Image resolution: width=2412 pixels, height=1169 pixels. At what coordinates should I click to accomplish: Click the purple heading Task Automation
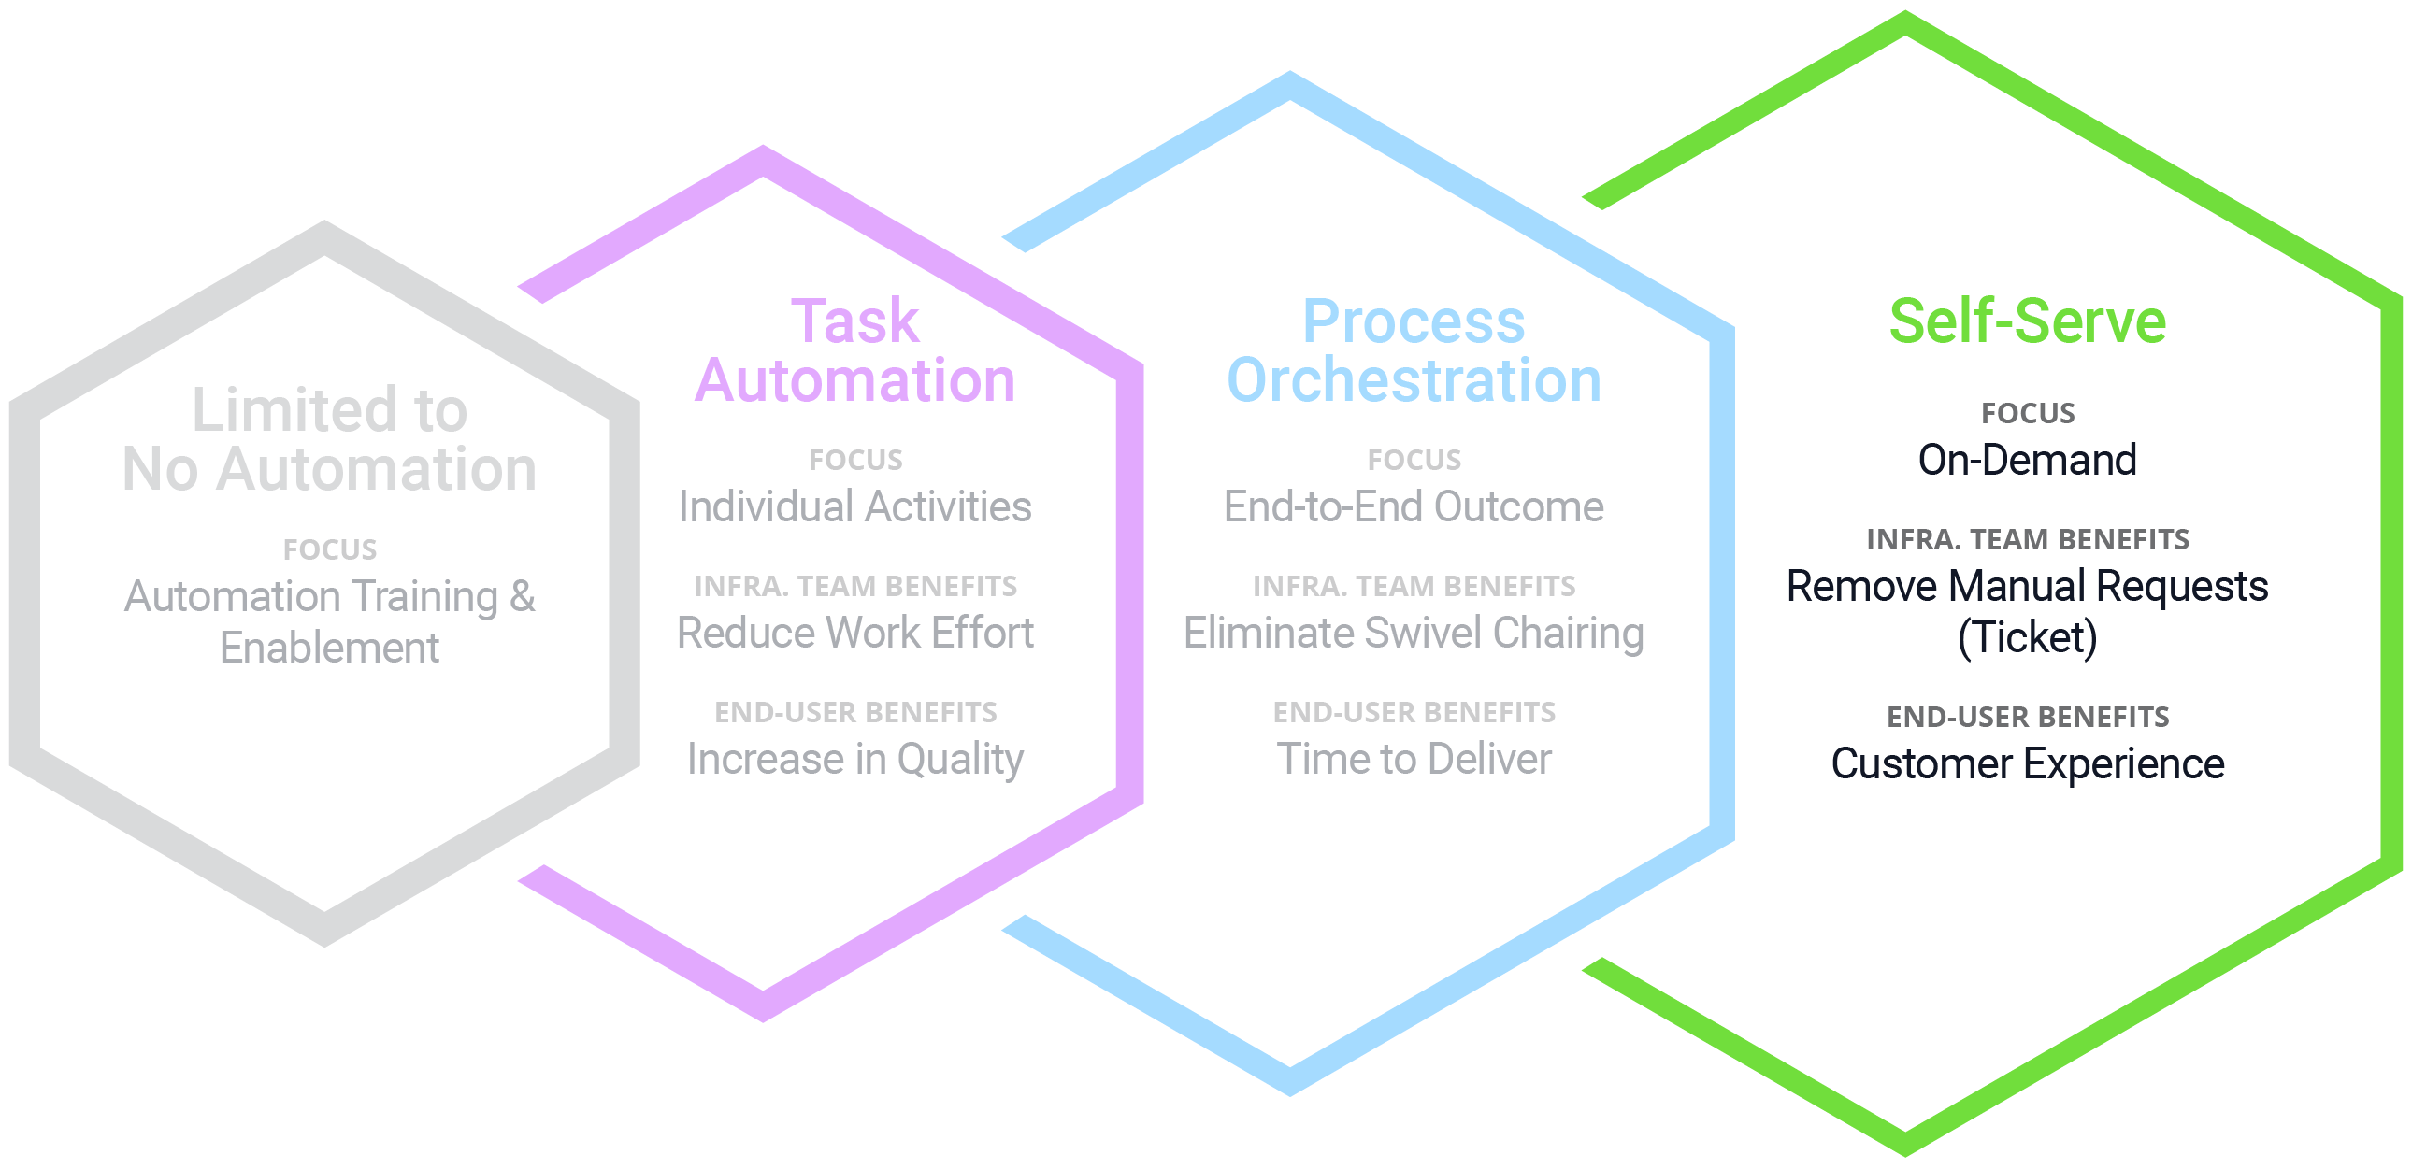pyautogui.click(x=854, y=351)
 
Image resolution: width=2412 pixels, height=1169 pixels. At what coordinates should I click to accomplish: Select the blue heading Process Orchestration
pyautogui.click(x=1413, y=351)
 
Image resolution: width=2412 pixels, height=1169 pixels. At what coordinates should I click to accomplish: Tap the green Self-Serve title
pyautogui.click(x=2027, y=322)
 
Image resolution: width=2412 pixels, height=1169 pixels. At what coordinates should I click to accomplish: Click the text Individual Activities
pyautogui.click(x=854, y=506)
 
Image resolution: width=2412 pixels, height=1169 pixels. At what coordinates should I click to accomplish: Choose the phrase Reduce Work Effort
pyautogui.click(x=854, y=633)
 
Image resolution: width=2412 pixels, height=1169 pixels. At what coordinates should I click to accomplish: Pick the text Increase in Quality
pyautogui.click(x=854, y=759)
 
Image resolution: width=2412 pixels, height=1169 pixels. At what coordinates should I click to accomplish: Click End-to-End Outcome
pyautogui.click(x=1413, y=506)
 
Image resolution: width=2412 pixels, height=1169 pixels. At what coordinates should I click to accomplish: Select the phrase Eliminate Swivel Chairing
pyautogui.click(x=1413, y=633)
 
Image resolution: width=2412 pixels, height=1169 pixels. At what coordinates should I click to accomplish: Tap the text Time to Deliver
pyautogui.click(x=1413, y=759)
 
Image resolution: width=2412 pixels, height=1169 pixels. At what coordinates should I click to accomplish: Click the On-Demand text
pyautogui.click(x=2027, y=460)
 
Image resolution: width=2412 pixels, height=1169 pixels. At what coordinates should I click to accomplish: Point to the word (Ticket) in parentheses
pyautogui.click(x=2027, y=637)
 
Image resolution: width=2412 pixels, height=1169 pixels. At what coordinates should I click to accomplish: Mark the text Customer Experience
pyautogui.click(x=2027, y=763)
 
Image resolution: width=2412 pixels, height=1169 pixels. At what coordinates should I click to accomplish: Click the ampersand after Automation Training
pyautogui.click(x=523, y=596)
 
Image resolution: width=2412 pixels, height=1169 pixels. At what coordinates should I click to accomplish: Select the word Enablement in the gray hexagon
pyautogui.click(x=329, y=648)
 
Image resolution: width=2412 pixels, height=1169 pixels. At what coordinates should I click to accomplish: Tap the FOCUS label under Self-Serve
pyautogui.click(x=2027, y=413)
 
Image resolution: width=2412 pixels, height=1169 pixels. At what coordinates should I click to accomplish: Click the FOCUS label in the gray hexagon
pyautogui.click(x=330, y=549)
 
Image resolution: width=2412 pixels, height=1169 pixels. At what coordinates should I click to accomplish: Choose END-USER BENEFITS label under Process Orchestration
pyautogui.click(x=1413, y=712)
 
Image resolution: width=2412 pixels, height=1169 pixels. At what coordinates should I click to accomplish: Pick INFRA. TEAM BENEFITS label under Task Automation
pyautogui.click(x=854, y=586)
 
